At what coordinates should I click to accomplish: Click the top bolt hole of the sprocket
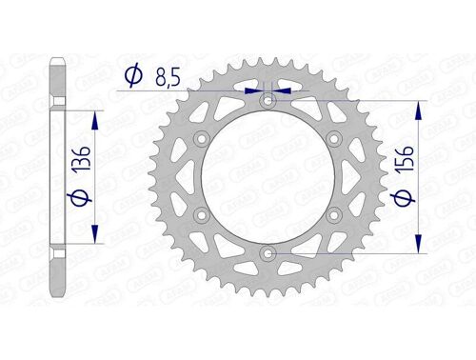pos(268,100)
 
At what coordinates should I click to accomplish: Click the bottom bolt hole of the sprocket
pos(268,253)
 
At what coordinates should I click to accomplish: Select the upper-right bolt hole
pos(335,139)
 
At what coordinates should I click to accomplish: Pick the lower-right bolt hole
pos(335,215)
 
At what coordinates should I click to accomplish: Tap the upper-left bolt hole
pos(202,139)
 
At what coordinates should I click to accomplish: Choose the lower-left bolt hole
pos(202,215)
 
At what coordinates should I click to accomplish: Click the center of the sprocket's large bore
pos(268,177)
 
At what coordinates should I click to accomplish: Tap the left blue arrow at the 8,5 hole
pos(254,90)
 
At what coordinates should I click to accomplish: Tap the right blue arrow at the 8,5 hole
pos(283,90)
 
